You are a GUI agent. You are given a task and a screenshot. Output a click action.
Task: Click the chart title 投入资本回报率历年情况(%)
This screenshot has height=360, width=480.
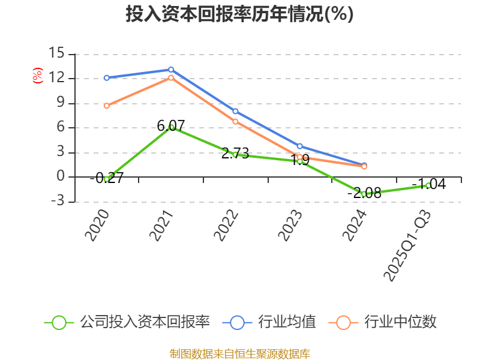tap(239, 14)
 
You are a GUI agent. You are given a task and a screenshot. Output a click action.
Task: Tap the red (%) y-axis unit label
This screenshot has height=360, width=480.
tap(37, 76)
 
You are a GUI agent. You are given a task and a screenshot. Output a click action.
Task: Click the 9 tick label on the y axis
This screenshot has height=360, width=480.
tap(60, 103)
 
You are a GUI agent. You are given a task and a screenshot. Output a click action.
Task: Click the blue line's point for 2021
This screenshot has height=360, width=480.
tap(171, 70)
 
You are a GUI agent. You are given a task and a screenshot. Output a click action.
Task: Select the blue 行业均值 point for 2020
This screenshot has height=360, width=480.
tap(107, 78)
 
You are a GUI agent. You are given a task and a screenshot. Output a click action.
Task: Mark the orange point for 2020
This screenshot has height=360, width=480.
tap(107, 106)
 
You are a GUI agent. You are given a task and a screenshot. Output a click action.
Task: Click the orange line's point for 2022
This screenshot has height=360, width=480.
tap(235, 121)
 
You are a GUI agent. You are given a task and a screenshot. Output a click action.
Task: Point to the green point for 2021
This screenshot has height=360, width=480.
tap(171, 127)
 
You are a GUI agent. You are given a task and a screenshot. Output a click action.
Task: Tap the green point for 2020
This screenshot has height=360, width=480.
tap(107, 179)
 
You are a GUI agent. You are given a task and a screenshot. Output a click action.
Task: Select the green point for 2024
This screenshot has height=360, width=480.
tap(364, 194)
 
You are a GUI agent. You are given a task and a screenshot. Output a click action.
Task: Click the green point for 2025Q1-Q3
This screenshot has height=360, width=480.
tap(428, 185)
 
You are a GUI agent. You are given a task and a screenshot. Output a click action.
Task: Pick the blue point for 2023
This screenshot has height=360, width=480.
tap(299, 146)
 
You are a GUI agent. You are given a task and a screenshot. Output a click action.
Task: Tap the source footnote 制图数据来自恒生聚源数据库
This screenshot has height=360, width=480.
tap(239, 353)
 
